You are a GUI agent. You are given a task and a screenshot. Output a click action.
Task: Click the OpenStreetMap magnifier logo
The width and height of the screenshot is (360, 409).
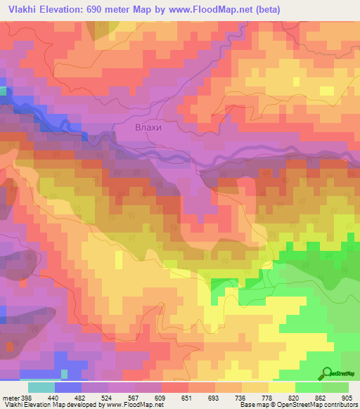pyautogui.click(x=328, y=372)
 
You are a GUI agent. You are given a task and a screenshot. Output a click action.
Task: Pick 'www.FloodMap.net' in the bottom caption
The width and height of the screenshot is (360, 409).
pyautogui.click(x=133, y=405)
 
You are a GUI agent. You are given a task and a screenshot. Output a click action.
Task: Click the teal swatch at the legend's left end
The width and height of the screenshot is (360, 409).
pyautogui.click(x=41, y=387)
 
